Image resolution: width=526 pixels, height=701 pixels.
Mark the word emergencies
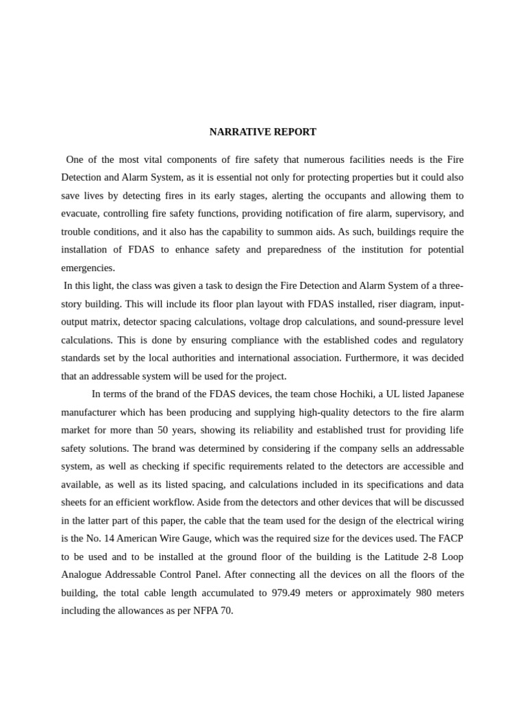[88, 268]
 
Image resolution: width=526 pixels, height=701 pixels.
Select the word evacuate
[80, 213]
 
